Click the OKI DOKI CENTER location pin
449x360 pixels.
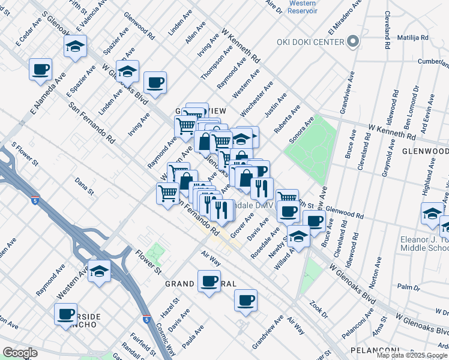click(353, 41)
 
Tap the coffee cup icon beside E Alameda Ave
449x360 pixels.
click(40, 69)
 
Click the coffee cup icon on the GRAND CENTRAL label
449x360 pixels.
click(209, 280)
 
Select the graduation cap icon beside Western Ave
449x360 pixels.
click(99, 270)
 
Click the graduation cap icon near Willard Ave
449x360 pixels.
click(298, 236)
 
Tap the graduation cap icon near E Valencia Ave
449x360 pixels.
click(75, 46)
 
